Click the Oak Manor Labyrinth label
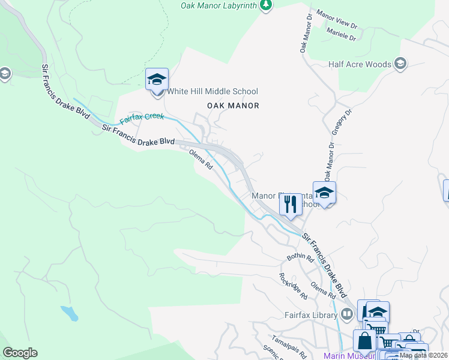pyautogui.click(x=219, y=5)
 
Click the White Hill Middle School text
pyautogui.click(x=212, y=91)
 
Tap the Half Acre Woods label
pyautogui.click(x=360, y=64)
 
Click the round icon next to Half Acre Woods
pyautogui.click(x=400, y=64)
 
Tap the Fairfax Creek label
pyautogui.click(x=142, y=119)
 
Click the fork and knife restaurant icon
pyautogui.click(x=291, y=205)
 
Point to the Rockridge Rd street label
pyautogui.click(x=293, y=286)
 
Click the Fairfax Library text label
pyautogui.click(x=310, y=314)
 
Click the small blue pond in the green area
pyautogui.click(x=69, y=313)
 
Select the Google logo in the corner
pyautogui.click(x=20, y=353)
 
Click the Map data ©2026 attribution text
pyautogui.click(x=423, y=355)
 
